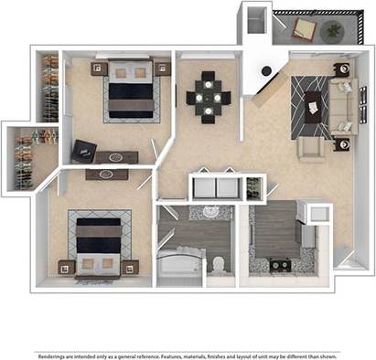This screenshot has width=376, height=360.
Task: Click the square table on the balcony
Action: click(x=305, y=33)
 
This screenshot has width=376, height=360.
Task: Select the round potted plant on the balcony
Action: click(x=333, y=31)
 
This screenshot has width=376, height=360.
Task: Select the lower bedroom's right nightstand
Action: click(x=130, y=267)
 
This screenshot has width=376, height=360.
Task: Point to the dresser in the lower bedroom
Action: click(x=108, y=173)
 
